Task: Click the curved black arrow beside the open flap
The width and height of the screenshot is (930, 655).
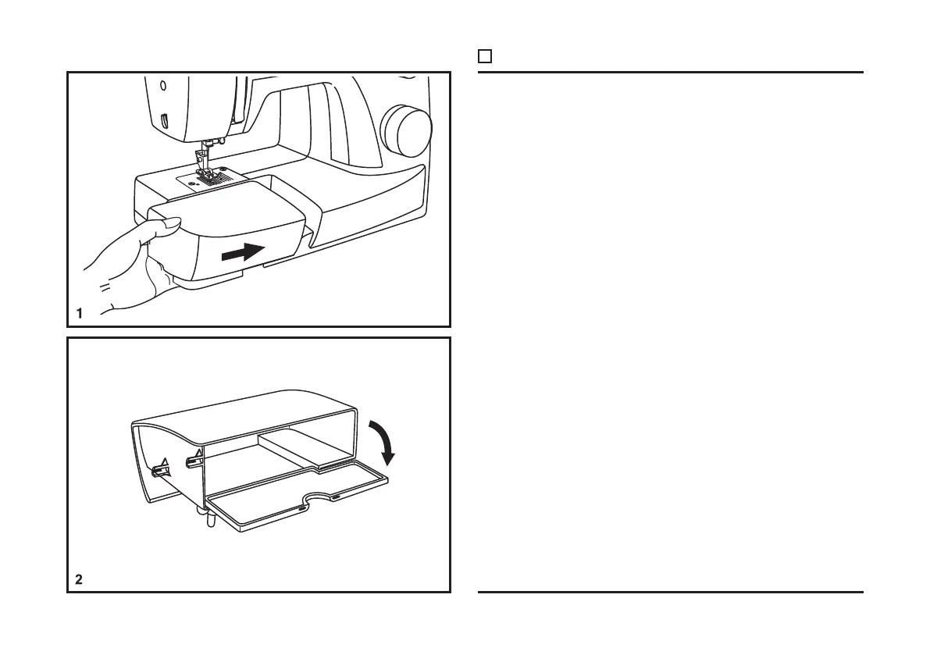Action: coord(383,441)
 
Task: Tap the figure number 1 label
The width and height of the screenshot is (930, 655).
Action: coord(79,314)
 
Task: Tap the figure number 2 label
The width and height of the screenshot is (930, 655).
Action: coord(79,580)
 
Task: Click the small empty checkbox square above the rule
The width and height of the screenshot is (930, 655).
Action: coord(484,56)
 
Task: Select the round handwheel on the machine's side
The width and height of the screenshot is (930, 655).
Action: coord(406,128)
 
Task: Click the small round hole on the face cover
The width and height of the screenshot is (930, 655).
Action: coord(163,85)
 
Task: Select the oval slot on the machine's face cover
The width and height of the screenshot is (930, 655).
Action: coord(165,119)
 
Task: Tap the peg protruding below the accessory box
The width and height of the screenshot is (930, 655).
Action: coord(208,518)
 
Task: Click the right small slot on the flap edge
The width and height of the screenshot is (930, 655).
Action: coord(335,496)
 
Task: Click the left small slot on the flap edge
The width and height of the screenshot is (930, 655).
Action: coord(301,508)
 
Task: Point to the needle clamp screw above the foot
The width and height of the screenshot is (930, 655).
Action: coord(221,141)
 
